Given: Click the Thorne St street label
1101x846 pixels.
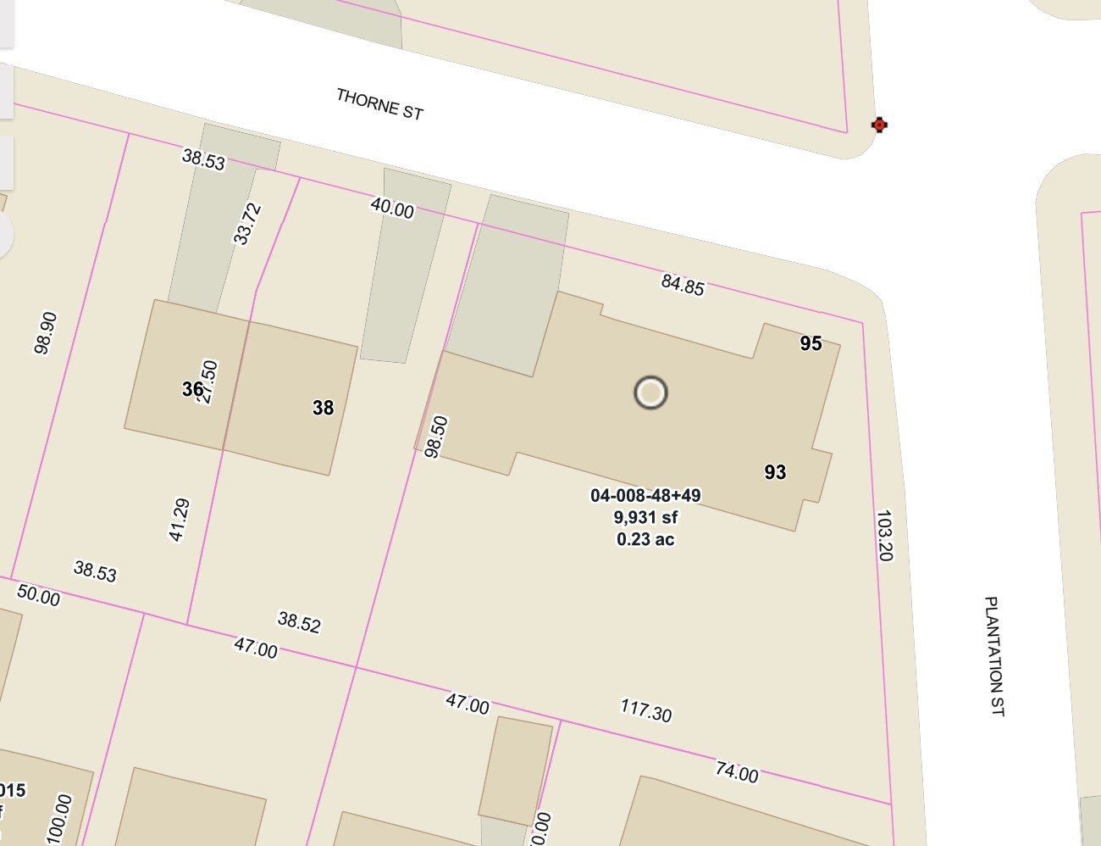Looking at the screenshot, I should click(x=379, y=104).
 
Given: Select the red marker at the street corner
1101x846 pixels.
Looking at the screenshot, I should click(x=879, y=125).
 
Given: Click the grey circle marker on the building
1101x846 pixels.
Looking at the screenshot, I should click(x=650, y=392).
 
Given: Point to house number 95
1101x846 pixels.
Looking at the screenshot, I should click(x=811, y=343).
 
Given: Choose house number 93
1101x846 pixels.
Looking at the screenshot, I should click(x=775, y=472).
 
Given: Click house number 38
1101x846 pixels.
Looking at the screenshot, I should click(x=323, y=408).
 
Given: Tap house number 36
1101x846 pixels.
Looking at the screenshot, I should click(x=192, y=389).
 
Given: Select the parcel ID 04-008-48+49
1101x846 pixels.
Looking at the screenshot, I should click(x=645, y=495).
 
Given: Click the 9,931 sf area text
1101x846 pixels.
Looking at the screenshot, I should click(x=645, y=517).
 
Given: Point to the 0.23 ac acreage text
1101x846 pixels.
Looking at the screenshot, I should click(x=645, y=539).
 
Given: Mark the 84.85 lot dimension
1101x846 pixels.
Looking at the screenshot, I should click(x=683, y=284).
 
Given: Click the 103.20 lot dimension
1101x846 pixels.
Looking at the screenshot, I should click(x=884, y=535).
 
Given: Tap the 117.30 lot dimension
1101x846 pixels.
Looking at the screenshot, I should click(x=646, y=710).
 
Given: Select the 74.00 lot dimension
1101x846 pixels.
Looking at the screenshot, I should click(x=737, y=771).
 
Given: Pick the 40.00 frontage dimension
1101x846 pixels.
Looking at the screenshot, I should click(x=392, y=207).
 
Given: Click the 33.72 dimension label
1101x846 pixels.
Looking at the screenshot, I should click(x=247, y=223).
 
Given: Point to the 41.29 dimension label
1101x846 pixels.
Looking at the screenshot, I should click(x=180, y=520).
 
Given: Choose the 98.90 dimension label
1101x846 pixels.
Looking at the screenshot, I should click(x=46, y=332).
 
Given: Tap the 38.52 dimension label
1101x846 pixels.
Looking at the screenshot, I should click(x=299, y=622).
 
